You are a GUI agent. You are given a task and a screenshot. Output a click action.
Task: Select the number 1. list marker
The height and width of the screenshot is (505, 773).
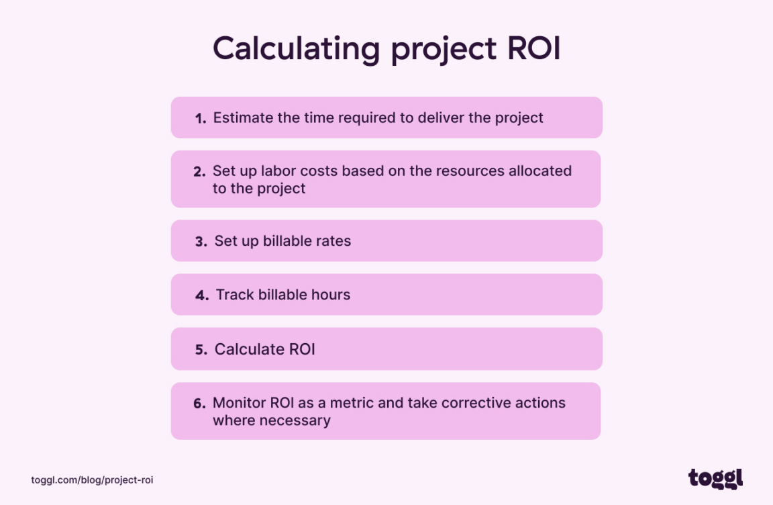[x=201, y=118]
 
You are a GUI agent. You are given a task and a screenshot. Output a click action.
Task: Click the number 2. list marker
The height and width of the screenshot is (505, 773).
[x=199, y=171]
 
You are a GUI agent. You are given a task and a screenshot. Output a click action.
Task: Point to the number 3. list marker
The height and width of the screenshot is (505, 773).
[x=201, y=241]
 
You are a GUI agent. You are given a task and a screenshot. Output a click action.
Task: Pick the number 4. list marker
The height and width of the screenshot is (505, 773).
[x=202, y=295]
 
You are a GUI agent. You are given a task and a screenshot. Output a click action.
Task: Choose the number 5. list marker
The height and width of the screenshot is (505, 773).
[x=201, y=350]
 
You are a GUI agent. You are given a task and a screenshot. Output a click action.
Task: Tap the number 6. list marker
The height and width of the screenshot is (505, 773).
[x=199, y=404]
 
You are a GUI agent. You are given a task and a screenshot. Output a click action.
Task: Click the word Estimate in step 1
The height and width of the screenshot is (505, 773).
[x=243, y=118]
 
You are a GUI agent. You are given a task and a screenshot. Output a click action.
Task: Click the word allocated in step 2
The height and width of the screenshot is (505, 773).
[x=539, y=171]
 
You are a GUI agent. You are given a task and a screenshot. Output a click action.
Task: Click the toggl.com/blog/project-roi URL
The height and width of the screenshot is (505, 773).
[x=92, y=480]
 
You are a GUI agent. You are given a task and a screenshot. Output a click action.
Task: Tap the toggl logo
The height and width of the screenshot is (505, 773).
[x=715, y=478]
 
